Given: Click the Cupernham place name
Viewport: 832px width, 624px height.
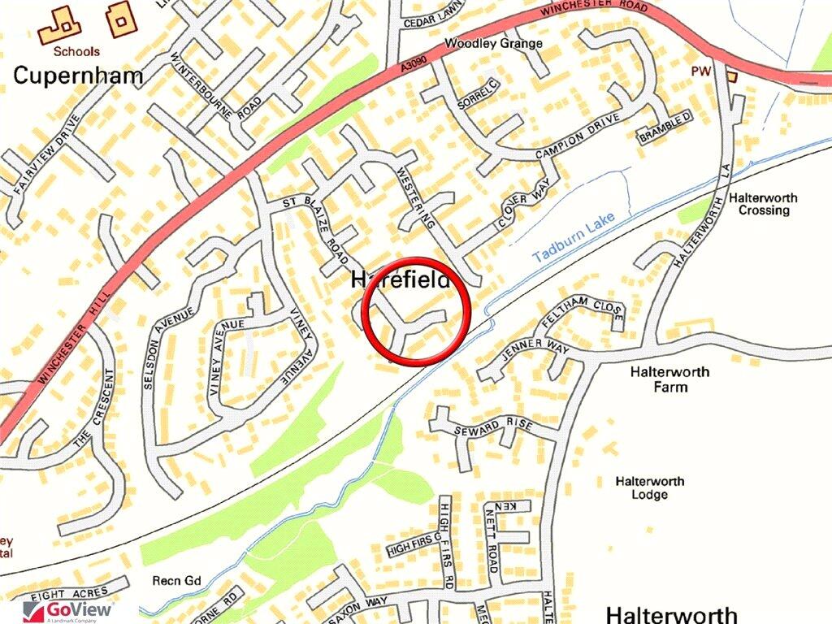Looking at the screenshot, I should (78, 76).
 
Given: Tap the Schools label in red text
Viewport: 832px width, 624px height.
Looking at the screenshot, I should (76, 50).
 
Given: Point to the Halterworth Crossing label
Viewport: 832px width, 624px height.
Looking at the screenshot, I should (763, 204).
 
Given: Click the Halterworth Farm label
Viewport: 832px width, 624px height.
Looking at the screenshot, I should (669, 379).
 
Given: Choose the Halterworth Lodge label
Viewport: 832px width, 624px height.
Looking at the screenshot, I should (649, 487).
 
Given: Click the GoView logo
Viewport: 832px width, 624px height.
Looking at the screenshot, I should (69, 611).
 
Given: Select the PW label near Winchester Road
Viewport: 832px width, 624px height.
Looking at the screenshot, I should (700, 71).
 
